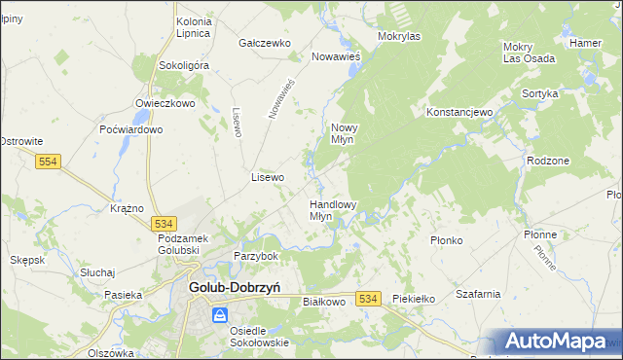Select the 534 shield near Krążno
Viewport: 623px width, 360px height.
pos(165,223)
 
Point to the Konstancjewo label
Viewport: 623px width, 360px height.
pos(460,112)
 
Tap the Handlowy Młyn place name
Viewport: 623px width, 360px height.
pos(333,210)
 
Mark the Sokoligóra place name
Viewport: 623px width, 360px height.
pos(183,65)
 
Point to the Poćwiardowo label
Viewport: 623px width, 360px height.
pos(130,129)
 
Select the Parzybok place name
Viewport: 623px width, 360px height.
pos(256,256)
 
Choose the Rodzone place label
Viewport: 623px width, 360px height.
pos(546,161)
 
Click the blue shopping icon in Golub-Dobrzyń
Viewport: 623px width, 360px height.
pos(220,315)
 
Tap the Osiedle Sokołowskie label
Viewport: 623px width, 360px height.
pos(259,336)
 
